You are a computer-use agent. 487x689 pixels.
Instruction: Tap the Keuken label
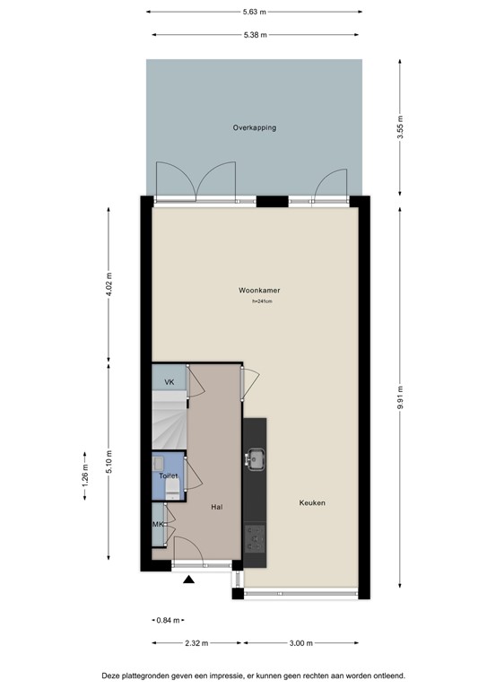click(312, 503)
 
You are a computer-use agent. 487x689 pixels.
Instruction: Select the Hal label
click(217, 507)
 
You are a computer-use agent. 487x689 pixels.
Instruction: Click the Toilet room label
click(169, 476)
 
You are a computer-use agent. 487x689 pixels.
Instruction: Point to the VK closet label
click(168, 382)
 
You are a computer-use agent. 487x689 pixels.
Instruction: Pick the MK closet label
click(158, 525)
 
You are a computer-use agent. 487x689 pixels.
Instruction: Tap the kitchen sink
click(254, 460)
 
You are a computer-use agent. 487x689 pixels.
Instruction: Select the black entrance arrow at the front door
click(189, 580)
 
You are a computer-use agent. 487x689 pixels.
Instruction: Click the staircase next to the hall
click(168, 421)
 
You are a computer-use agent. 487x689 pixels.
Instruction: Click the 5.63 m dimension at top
click(256, 13)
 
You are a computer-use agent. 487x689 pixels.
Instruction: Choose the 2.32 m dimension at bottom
click(196, 642)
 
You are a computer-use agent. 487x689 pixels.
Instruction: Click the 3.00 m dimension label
click(301, 642)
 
